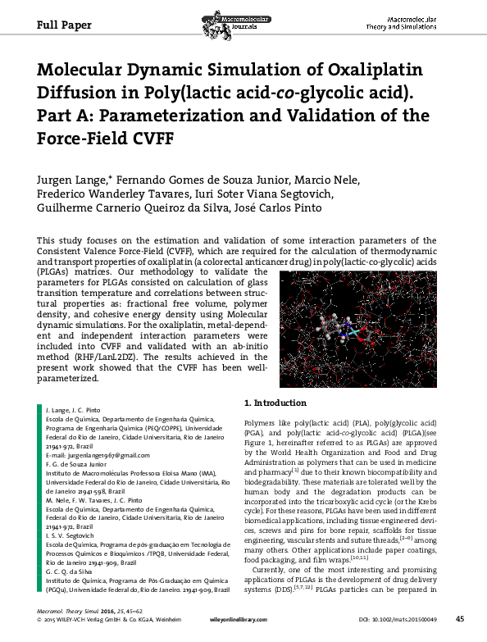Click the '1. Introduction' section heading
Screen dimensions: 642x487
[276, 403]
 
